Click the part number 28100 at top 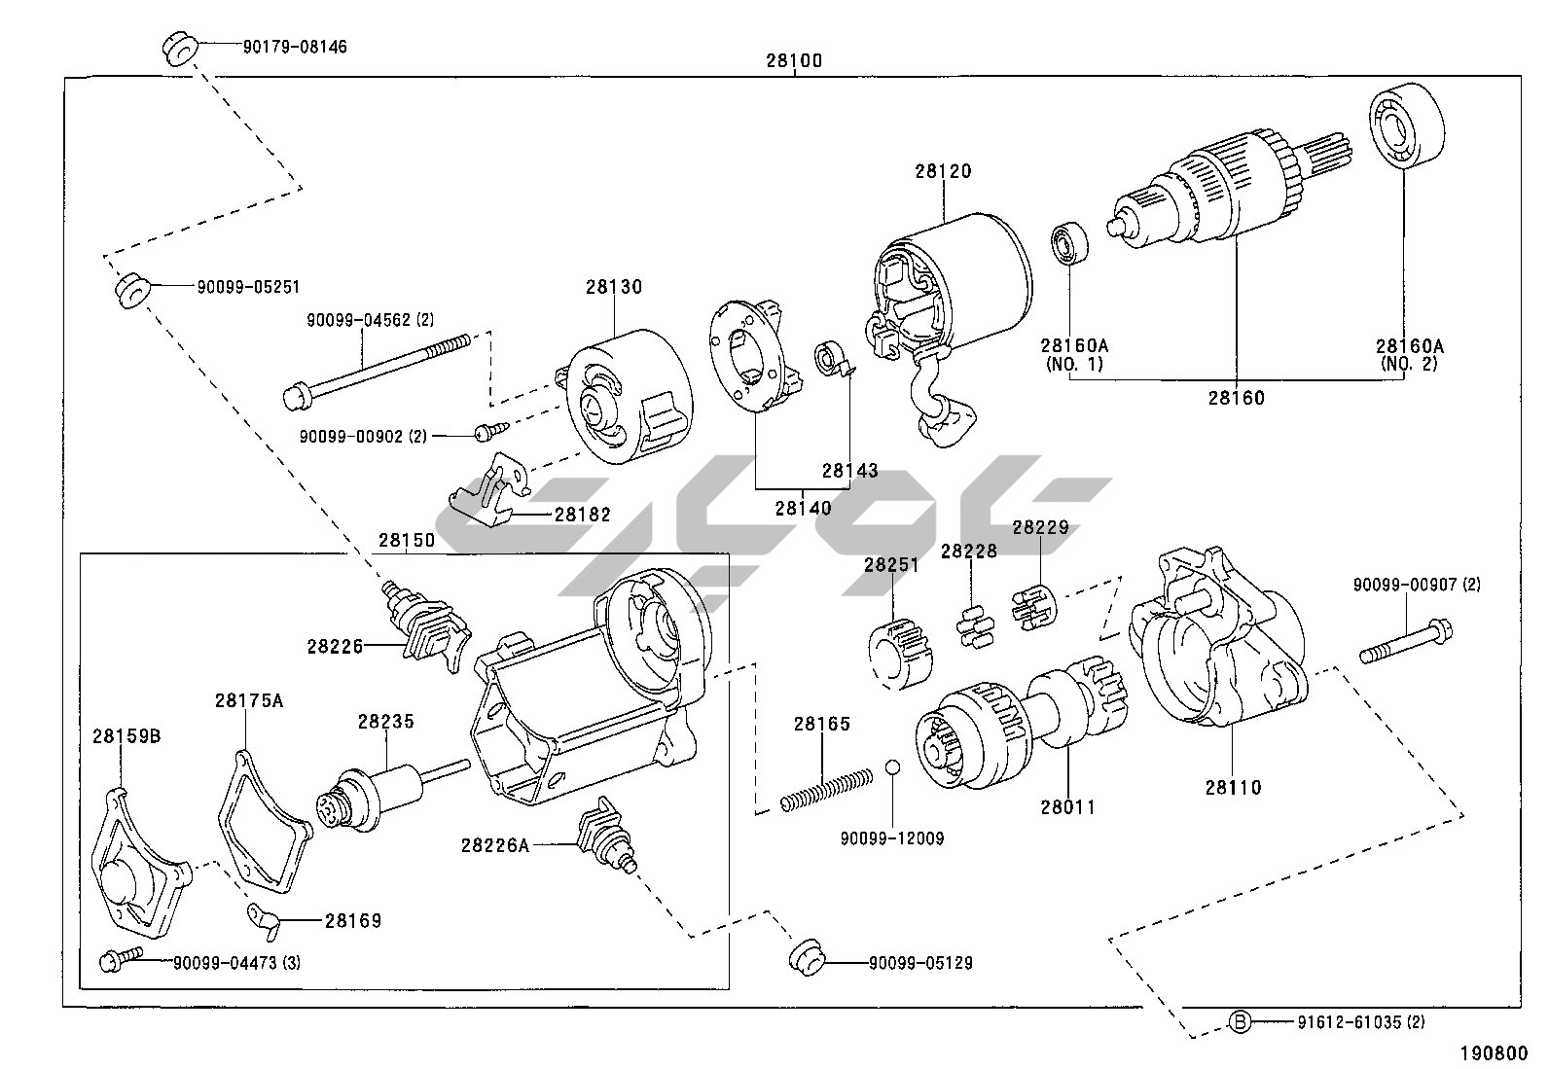pyautogui.click(x=793, y=60)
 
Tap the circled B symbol pyautogui.click(x=1240, y=1021)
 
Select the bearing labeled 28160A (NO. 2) pyautogui.click(x=1404, y=127)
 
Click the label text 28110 pyautogui.click(x=1233, y=787)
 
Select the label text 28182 pyautogui.click(x=582, y=514)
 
